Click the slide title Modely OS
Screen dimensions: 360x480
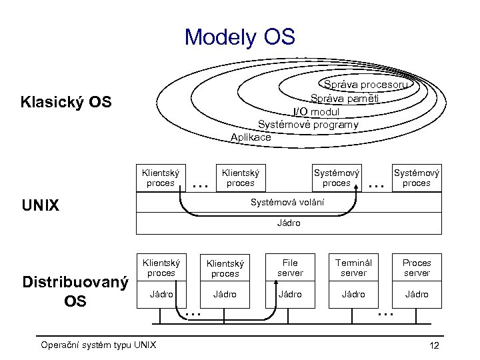coord(239,37)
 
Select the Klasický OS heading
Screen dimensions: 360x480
coord(66,103)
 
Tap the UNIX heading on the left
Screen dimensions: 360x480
coord(41,205)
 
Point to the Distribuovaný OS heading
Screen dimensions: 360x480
coord(75,291)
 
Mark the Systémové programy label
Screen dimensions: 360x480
coord(308,124)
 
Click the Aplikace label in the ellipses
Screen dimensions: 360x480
coord(251,137)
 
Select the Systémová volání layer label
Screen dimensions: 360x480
coord(287,201)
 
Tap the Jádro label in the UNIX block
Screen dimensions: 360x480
coord(289,223)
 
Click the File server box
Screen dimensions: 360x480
coord(290,268)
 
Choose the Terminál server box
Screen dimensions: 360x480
coord(353,268)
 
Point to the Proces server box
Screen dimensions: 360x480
coord(417,268)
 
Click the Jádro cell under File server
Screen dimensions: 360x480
coord(290,294)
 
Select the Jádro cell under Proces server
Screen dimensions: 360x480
coord(417,294)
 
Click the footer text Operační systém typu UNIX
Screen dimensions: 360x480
coord(98,345)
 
